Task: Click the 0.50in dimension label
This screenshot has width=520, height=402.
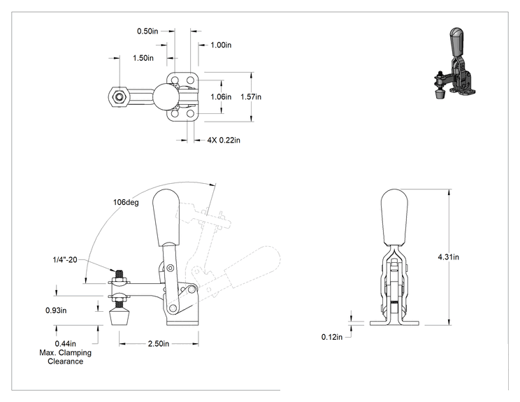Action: (147, 31)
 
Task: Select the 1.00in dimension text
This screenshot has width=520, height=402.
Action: (221, 45)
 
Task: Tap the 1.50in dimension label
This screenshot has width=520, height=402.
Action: (143, 58)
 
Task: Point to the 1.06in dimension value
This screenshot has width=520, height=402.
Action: (221, 97)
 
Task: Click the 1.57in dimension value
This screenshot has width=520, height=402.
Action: (251, 97)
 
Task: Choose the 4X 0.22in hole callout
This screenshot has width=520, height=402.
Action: (224, 141)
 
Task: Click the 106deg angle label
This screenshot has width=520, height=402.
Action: (126, 202)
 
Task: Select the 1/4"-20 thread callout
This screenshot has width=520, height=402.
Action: (65, 259)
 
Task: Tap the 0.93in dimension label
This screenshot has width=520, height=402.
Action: (56, 310)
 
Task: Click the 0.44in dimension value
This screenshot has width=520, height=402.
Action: (65, 344)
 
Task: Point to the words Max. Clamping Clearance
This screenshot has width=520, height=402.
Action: (65, 357)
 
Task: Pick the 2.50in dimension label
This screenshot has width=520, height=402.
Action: (159, 344)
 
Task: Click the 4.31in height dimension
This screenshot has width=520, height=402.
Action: (449, 257)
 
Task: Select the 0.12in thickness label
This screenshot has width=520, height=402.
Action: (332, 337)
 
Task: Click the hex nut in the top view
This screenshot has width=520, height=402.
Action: (118, 97)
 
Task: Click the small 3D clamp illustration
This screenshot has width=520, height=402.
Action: (455, 63)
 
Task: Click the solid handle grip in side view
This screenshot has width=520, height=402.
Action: (166, 218)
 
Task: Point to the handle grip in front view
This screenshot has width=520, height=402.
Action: (394, 217)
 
